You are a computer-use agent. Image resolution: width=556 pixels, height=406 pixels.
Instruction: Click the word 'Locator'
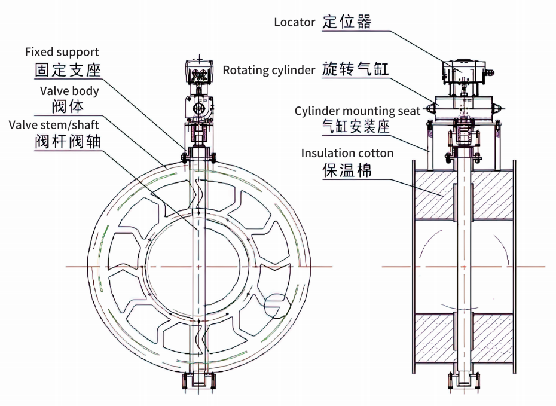pyautogui.click(x=294, y=22)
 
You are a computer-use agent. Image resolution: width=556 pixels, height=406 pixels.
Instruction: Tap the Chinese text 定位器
pyautogui.click(x=347, y=22)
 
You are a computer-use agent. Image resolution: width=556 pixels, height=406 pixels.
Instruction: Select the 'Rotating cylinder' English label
pyautogui.click(x=269, y=70)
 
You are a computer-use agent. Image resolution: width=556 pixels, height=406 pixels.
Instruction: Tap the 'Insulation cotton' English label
pyautogui.click(x=347, y=154)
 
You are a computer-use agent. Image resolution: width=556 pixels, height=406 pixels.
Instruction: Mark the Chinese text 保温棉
pyautogui.click(x=347, y=170)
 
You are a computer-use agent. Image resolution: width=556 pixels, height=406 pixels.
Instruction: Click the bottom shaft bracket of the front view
pyautogui.click(x=197, y=381)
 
